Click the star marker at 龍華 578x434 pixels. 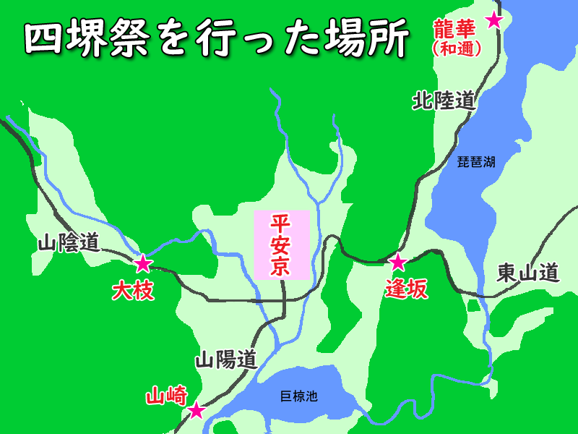[x=494, y=20]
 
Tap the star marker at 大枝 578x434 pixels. [x=143, y=263]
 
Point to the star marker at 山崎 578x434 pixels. [x=196, y=411]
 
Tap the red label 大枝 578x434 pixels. [x=134, y=291]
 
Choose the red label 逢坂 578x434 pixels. [x=406, y=289]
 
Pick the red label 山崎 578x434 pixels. [x=167, y=396]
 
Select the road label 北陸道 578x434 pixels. [x=444, y=101]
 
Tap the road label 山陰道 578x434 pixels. [x=69, y=243]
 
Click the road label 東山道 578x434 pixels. [x=529, y=273]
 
